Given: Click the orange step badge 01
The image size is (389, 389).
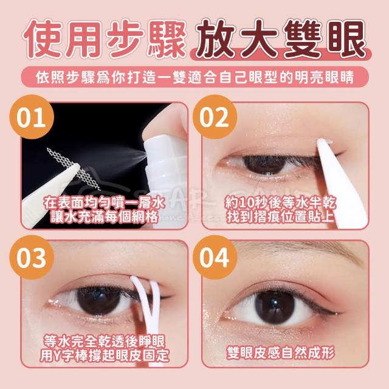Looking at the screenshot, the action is pos(32,117).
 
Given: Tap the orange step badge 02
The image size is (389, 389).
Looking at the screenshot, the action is pos(215,117).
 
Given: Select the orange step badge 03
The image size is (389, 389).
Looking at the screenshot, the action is pos(32,257).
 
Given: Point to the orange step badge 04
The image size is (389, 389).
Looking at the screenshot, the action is pos(215,257).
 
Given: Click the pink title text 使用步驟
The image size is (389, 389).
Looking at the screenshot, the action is pos(105,40).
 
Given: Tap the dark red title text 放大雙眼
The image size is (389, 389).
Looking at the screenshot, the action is pos(280,39).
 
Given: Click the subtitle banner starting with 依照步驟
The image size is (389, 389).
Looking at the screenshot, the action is pos(194,77).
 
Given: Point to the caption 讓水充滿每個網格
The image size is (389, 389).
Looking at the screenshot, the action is pos(105,216).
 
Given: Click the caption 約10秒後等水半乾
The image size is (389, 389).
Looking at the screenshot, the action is pos(280,204).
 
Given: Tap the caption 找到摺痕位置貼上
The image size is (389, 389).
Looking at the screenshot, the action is pos(280,217).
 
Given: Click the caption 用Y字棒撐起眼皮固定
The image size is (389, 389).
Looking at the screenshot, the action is pos(105,356).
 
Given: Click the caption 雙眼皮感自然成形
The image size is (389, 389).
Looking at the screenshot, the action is pos(280,353).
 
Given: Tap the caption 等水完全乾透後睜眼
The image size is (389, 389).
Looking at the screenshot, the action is pos(105,342).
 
